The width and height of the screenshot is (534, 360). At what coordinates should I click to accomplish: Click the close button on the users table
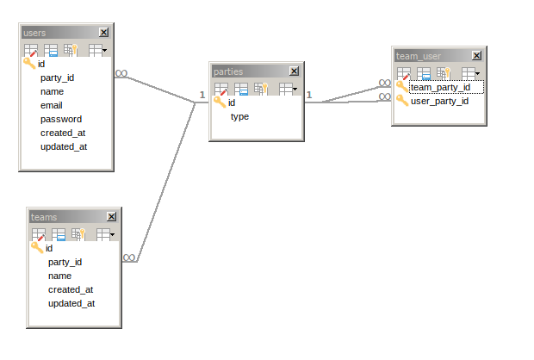click(x=104, y=33)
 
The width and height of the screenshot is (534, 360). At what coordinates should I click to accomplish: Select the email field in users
click(x=52, y=105)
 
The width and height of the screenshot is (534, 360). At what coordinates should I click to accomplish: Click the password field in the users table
click(x=60, y=119)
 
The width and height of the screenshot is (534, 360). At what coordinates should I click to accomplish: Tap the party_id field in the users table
click(x=57, y=78)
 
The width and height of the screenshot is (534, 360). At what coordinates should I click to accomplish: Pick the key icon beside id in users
click(x=28, y=64)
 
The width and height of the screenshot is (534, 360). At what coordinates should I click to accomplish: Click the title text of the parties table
click(x=228, y=71)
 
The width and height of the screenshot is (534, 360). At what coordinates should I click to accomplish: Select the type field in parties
click(x=239, y=116)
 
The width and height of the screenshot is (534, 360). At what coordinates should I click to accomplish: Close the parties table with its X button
click(x=295, y=71)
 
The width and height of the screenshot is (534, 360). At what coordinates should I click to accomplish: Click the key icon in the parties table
click(x=220, y=102)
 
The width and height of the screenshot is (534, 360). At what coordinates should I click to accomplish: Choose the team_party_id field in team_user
click(x=440, y=87)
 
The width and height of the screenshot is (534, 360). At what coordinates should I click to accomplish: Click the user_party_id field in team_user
click(x=439, y=101)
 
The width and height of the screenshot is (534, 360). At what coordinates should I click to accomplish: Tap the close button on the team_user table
click(x=477, y=56)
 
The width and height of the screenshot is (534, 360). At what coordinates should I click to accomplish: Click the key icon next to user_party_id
click(x=401, y=101)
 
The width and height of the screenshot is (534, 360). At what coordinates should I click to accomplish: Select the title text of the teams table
click(x=44, y=217)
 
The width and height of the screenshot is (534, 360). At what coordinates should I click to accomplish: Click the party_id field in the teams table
click(x=65, y=262)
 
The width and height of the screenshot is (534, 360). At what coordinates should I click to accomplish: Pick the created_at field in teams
click(x=71, y=289)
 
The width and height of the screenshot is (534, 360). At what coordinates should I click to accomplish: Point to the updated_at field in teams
click(x=71, y=303)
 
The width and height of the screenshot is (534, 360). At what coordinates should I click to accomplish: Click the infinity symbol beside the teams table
click(x=128, y=258)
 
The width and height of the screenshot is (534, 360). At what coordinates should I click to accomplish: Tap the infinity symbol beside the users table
click(x=121, y=74)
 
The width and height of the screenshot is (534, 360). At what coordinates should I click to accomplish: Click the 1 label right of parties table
click(x=308, y=95)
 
